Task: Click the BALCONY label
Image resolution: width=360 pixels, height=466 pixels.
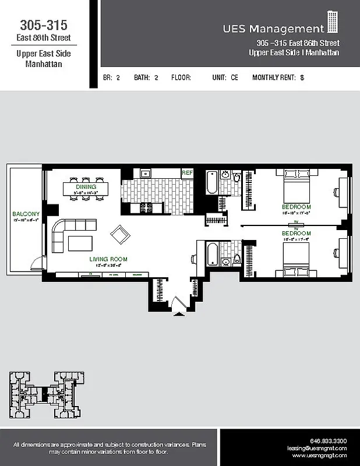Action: (x=26, y=214)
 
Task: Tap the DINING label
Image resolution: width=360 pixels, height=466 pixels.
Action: (x=86, y=171)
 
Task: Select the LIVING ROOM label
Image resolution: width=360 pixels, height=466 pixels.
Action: (x=108, y=259)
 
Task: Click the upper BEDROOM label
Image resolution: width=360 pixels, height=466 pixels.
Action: (x=297, y=207)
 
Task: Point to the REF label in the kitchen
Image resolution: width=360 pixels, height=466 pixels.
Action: (x=187, y=173)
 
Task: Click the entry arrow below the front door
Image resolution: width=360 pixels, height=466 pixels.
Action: (x=178, y=315)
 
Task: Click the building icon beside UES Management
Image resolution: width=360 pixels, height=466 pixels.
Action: (x=333, y=22)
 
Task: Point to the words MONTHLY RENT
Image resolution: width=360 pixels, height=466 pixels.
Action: (x=274, y=77)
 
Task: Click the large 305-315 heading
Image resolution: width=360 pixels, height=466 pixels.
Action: (x=44, y=25)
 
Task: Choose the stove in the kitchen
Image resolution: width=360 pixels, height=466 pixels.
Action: (x=145, y=207)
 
